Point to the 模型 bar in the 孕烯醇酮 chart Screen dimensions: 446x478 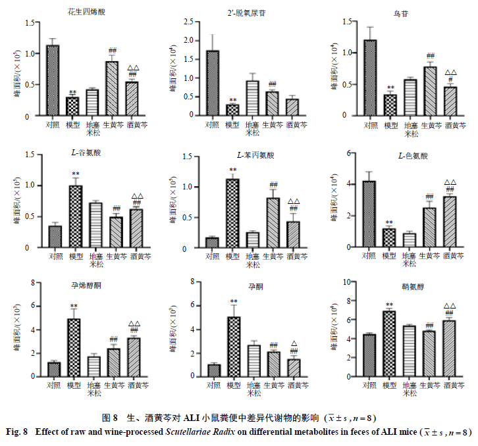tap(74, 347)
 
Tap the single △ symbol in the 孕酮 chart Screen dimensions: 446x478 tap(293, 343)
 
